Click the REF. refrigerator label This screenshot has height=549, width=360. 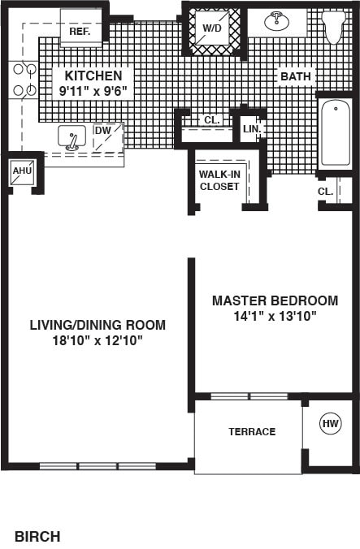79,31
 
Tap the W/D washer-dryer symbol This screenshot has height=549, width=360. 211,28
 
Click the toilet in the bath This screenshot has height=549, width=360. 333,25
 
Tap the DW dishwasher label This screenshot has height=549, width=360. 103,130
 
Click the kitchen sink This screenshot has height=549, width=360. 72,139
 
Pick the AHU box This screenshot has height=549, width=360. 21,171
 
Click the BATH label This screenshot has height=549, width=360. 296,76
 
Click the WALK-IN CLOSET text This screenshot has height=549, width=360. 219,179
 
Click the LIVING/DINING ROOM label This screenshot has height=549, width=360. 98,324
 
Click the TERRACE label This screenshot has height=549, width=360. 251,431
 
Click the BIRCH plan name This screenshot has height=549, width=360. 37,536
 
